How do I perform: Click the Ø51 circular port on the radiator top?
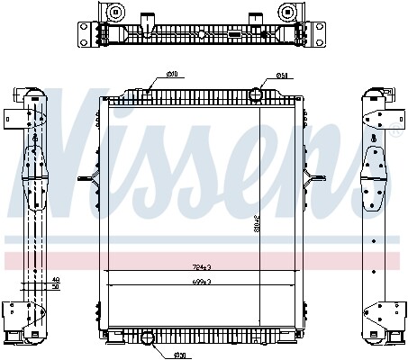(x=257, y=94)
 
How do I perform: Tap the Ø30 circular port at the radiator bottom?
(x=150, y=338)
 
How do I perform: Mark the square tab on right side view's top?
(x=397, y=117)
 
